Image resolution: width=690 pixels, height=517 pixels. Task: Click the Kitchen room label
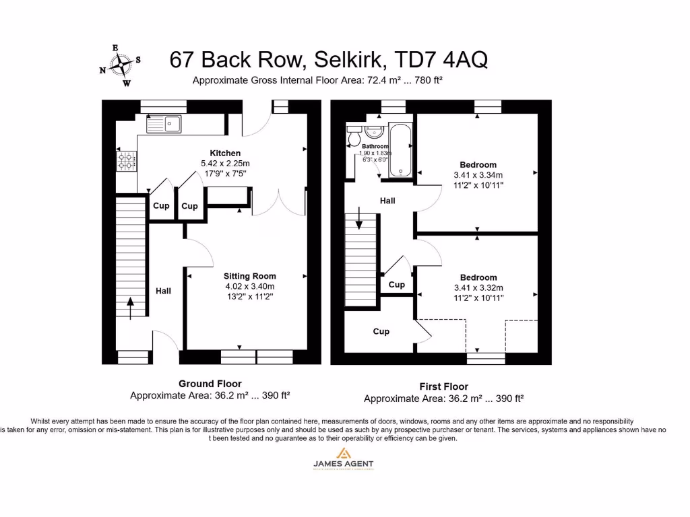point(225,153)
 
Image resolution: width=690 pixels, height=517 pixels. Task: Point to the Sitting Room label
point(250,276)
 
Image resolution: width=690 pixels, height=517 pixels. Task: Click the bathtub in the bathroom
point(400,149)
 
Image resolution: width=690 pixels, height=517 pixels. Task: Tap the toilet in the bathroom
point(353,138)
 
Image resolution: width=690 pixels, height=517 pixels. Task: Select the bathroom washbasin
point(374,131)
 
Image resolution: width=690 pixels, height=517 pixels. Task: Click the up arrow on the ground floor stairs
point(130,307)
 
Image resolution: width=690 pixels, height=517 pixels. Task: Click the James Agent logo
point(343,458)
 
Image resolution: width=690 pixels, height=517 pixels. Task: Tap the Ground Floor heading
point(210,384)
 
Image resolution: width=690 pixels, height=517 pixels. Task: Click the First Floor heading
point(443,386)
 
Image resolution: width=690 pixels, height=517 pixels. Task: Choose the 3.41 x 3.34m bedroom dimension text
point(478,175)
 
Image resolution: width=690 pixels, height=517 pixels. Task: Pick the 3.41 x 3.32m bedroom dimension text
point(478,287)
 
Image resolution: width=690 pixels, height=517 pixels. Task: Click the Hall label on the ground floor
point(163,291)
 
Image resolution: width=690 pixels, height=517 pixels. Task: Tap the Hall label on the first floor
point(387,201)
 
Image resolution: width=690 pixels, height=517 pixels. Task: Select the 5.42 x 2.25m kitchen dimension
point(225,164)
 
